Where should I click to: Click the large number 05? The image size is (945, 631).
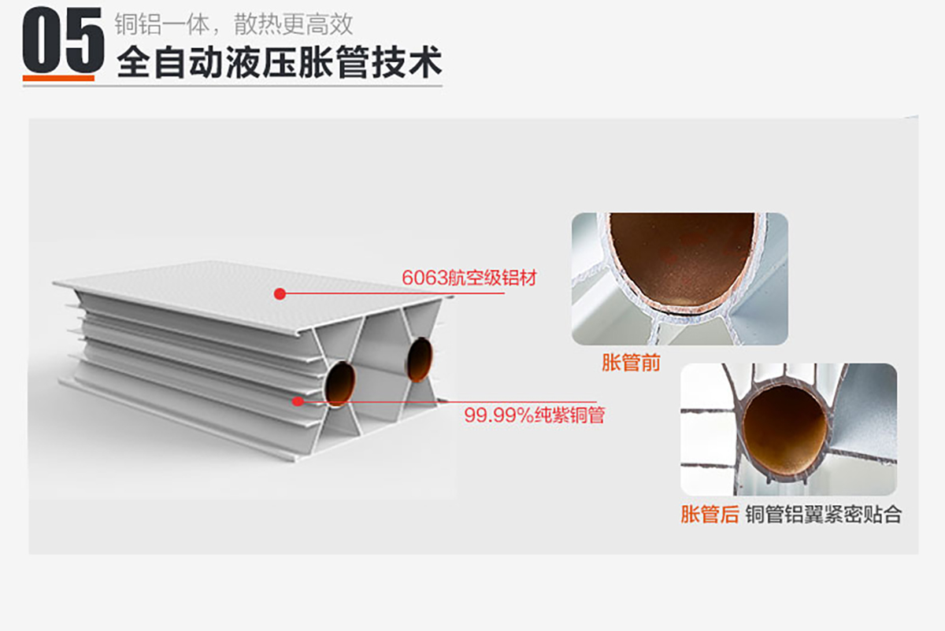[63, 40]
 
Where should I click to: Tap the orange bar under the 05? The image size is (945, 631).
[58, 78]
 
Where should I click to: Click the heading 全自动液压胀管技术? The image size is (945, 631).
[280, 62]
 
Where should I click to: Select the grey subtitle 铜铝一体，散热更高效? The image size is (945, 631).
[234, 24]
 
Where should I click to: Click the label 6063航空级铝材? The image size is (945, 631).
[469, 278]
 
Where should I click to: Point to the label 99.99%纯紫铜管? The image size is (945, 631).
[535, 415]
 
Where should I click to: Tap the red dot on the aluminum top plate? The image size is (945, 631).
[280, 293]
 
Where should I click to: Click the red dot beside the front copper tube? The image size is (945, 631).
[298, 400]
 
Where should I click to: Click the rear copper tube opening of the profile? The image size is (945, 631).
[419, 360]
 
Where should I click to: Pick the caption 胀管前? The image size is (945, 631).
[631, 363]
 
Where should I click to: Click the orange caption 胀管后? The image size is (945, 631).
[710, 515]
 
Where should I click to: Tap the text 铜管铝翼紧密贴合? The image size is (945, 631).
[823, 515]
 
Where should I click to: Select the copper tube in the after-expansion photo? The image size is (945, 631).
[784, 431]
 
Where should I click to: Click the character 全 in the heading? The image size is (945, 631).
[133, 62]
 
